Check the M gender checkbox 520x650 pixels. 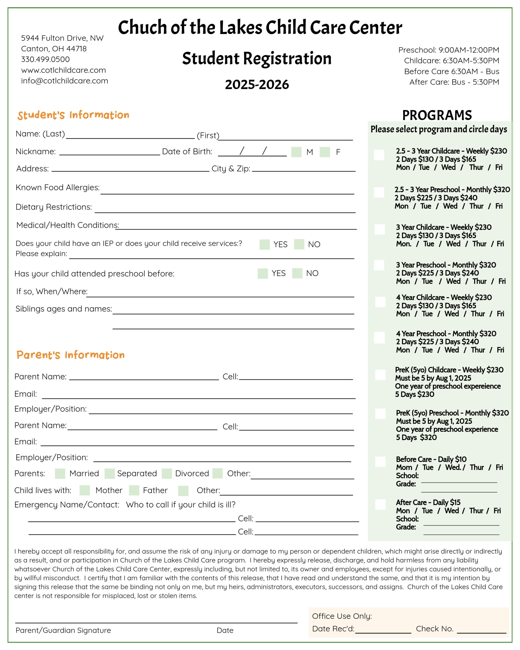point(296,152)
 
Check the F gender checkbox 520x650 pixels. point(325,152)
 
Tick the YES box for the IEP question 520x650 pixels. point(264,245)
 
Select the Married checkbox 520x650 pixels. point(60,473)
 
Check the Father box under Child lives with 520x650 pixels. point(134,490)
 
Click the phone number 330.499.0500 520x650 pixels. point(45,59)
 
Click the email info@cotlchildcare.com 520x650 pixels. point(64,81)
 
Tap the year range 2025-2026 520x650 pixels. point(257,84)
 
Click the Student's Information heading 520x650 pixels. point(73,115)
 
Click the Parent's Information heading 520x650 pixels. point(71,355)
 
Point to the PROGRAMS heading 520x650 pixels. point(437,115)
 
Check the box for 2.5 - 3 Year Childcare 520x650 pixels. point(379,155)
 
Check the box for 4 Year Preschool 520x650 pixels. point(379,338)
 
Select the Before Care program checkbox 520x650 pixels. point(380,462)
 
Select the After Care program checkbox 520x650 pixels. point(380,504)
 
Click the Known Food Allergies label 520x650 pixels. point(58,188)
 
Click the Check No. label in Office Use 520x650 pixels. point(434,629)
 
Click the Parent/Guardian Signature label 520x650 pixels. point(63,630)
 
